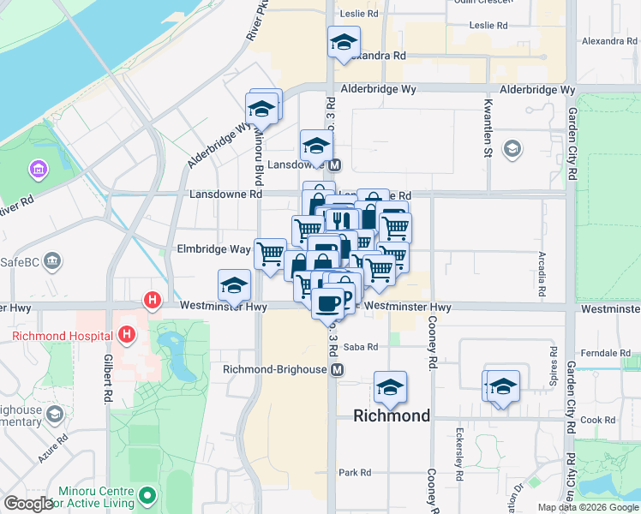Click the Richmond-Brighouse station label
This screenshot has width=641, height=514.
click(276, 369)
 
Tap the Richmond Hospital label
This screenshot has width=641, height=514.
click(65, 335)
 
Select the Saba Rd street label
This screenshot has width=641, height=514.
click(360, 347)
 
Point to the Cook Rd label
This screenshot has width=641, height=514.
click(597, 420)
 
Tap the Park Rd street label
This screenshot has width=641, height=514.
click(354, 472)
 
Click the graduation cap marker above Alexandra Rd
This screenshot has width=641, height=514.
click(344, 42)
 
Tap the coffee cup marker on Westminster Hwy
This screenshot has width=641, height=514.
click(326, 302)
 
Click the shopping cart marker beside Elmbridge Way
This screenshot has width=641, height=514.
click(271, 254)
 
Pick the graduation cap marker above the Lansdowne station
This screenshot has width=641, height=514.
click(316, 146)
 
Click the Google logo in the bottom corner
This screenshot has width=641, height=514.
click(28, 503)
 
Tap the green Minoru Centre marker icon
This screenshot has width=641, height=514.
click(148, 494)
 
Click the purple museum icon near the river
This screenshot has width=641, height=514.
click(39, 169)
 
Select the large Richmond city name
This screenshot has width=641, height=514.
click(392, 416)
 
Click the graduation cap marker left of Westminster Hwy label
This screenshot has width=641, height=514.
click(234, 286)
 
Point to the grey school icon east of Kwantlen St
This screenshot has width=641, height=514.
click(512, 150)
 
